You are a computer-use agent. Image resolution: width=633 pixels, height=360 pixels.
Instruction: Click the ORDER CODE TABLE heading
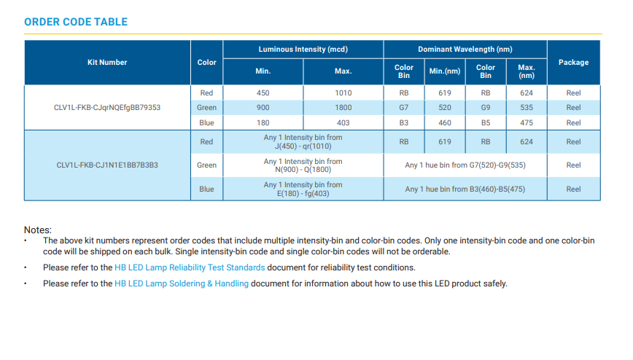(76, 22)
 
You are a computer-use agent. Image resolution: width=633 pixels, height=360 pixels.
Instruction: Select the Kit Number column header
(107, 63)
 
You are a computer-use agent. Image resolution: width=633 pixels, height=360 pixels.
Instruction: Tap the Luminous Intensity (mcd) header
(303, 50)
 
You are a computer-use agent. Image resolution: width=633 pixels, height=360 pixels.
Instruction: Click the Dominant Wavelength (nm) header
(465, 50)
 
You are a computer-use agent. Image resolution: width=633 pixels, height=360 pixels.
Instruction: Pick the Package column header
(573, 63)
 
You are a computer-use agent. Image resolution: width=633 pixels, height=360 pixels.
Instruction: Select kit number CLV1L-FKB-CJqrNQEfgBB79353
(107, 108)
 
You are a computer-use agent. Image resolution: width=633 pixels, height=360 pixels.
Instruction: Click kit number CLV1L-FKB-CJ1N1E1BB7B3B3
(107, 165)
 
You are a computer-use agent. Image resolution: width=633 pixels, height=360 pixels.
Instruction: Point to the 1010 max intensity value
(343, 93)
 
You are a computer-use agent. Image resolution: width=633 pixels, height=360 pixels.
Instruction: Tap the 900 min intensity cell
(263, 108)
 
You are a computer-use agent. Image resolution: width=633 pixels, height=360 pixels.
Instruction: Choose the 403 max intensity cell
(343, 123)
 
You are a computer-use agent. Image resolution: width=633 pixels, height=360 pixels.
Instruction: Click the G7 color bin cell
(404, 108)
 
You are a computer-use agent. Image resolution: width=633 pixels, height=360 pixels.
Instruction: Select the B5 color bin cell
(486, 123)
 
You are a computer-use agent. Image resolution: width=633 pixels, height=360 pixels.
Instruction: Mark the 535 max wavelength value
(527, 108)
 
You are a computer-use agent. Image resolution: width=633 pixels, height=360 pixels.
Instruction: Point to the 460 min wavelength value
(445, 123)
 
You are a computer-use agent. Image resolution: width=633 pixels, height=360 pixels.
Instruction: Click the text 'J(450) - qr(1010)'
(303, 146)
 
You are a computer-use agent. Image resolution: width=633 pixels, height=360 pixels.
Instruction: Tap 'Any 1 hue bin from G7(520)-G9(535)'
(465, 165)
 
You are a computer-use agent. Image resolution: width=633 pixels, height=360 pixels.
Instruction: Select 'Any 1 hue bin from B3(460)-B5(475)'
(465, 189)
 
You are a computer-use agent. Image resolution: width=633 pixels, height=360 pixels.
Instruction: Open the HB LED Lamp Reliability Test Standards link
(190, 267)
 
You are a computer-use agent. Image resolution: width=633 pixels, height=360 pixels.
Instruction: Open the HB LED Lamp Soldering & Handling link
(182, 283)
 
